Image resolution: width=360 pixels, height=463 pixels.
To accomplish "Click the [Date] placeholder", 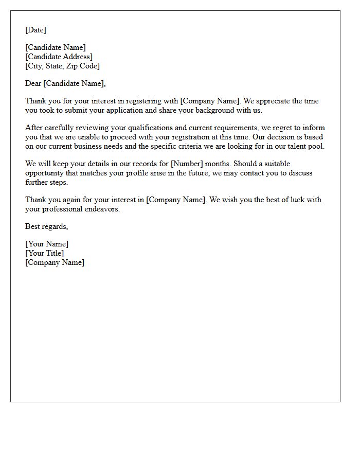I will [x=35, y=30].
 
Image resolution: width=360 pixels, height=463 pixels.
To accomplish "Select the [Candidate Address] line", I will [x=59, y=57].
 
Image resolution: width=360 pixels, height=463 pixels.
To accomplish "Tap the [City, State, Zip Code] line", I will [x=63, y=66].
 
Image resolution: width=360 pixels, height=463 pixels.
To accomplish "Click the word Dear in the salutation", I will [x=33, y=83].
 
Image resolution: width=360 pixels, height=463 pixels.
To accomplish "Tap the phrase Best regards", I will [x=46, y=226].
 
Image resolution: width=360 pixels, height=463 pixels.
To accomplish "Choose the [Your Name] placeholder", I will [x=47, y=244].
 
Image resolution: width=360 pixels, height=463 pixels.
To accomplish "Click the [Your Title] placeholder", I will [x=45, y=253].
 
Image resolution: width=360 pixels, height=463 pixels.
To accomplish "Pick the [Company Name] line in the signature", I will [x=55, y=262].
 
